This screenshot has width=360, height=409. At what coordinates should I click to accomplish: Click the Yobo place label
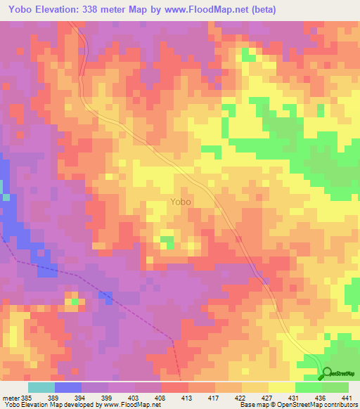pos(180,202)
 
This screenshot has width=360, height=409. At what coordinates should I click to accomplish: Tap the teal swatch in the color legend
pos(41,387)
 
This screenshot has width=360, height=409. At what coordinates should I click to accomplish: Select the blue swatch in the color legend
pos(68,387)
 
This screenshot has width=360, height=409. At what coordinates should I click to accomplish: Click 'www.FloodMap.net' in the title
pos(204,10)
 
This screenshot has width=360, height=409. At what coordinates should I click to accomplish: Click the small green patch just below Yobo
pos(167,242)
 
